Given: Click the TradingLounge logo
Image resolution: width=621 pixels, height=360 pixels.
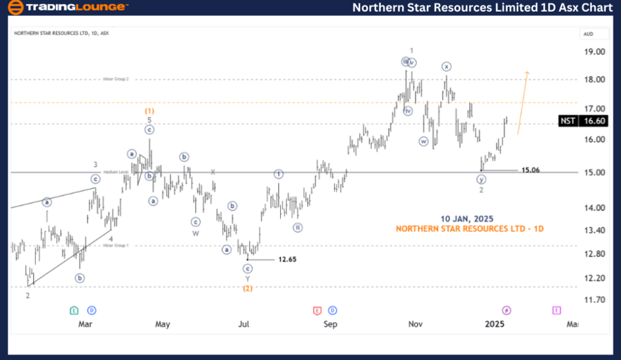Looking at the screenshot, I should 67,8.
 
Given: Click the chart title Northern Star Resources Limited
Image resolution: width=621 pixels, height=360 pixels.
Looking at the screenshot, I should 482,8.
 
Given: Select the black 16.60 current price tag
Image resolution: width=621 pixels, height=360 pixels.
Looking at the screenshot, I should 593,121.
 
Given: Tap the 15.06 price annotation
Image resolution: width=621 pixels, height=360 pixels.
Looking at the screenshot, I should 530,170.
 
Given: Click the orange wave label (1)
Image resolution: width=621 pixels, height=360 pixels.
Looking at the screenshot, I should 149,110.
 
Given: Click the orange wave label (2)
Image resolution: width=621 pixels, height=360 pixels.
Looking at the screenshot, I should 247,288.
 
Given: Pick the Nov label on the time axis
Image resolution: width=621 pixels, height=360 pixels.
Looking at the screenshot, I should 415,323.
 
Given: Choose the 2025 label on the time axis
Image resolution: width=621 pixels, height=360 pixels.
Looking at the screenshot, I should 495,323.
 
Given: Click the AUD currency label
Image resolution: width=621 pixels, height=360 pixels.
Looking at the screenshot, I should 589,33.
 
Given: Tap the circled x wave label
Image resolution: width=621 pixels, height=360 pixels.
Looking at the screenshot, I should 446,66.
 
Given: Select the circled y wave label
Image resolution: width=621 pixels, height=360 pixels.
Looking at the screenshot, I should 481,179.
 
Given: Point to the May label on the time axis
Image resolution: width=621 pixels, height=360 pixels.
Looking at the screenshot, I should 162,323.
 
